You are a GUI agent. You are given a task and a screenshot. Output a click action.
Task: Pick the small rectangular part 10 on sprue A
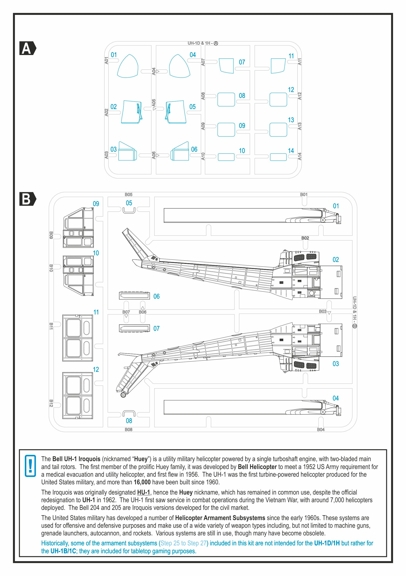226,157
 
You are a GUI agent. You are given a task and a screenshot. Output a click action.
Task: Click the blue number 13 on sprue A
291,120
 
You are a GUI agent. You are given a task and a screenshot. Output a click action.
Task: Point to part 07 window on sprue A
226,66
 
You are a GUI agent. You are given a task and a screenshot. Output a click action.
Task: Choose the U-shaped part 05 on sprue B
129,210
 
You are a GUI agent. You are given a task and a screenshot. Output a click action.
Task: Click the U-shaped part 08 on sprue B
129,413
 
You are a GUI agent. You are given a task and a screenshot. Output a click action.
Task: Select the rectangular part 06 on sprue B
134,296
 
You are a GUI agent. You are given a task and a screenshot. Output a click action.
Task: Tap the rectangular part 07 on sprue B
134,328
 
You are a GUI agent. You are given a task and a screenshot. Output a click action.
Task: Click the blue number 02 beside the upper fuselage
335,260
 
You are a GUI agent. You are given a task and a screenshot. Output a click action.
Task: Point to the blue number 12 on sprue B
96,369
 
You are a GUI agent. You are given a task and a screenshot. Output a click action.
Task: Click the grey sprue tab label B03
322,311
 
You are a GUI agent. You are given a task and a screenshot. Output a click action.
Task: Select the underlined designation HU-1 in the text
143,492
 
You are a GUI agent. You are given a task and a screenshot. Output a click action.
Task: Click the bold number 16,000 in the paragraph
142,482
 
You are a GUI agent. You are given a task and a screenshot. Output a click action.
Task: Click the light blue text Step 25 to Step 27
183,543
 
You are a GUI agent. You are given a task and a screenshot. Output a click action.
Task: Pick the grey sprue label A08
203,96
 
